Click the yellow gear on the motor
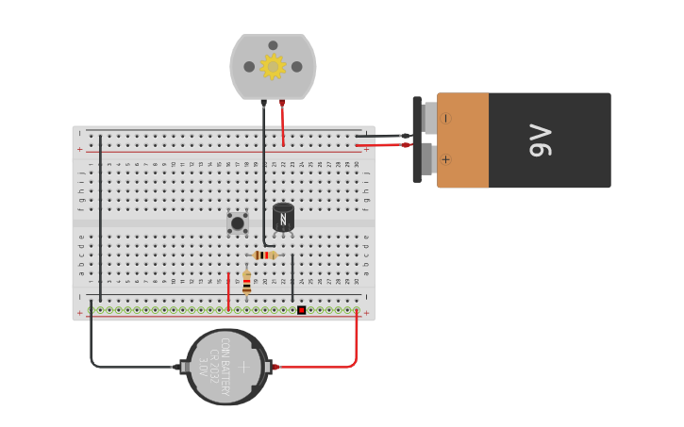coord(273,66)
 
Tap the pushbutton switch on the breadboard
coord(238,223)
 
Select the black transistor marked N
coord(283,218)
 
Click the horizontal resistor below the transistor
coord(265,255)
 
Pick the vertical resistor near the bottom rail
coord(247,283)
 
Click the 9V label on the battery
coord(542,140)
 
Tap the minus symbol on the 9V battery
coord(446,119)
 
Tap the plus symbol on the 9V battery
coord(446,159)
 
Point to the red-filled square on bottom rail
coord(301,309)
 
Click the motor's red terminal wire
coord(283,123)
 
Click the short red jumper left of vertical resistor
coord(228,291)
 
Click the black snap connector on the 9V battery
coord(417,140)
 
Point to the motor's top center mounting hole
coord(273,45)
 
